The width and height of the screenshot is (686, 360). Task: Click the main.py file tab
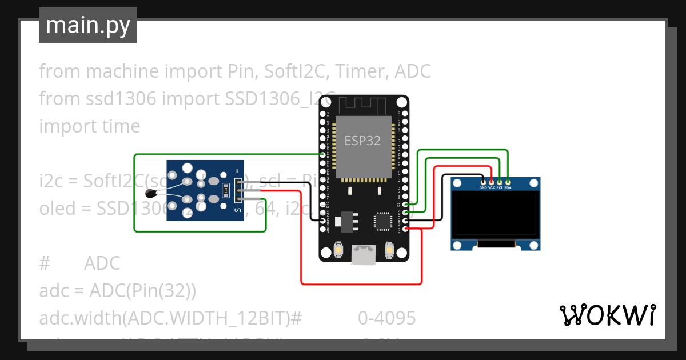click(x=87, y=25)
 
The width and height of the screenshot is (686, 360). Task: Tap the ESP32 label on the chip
click(x=362, y=140)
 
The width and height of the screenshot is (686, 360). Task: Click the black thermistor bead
click(x=150, y=193)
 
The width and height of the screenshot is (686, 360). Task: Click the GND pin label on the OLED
click(x=483, y=187)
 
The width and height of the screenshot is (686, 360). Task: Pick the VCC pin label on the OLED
click(x=492, y=187)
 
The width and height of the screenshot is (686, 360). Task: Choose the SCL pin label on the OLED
click(x=500, y=187)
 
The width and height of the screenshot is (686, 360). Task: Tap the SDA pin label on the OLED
click(x=508, y=187)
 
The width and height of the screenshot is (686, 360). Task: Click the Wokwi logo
click(x=607, y=315)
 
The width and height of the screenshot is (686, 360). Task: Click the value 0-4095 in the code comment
click(x=387, y=318)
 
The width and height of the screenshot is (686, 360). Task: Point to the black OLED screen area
click(x=495, y=214)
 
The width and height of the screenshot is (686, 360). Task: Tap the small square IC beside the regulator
click(x=381, y=220)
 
